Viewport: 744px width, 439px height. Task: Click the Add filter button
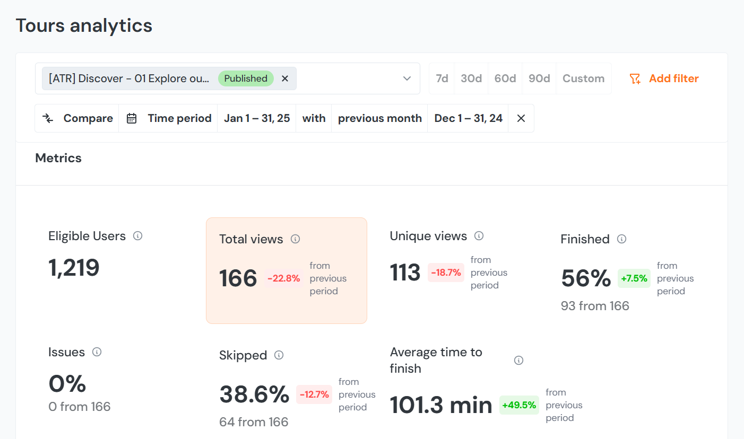click(x=664, y=78)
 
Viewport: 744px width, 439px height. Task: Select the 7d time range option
click(x=442, y=78)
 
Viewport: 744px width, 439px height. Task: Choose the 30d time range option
click(x=471, y=78)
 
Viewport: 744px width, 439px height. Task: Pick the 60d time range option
click(x=505, y=78)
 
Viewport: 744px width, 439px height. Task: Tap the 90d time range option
click(x=539, y=78)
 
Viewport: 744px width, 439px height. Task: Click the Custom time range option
click(x=583, y=78)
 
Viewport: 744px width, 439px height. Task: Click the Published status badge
click(x=246, y=78)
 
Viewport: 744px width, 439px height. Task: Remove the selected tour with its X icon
click(x=285, y=78)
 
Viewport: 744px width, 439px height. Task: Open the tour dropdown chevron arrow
click(x=407, y=78)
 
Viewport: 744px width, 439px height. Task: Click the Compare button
click(x=77, y=118)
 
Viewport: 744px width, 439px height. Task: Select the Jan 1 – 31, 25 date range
click(x=257, y=118)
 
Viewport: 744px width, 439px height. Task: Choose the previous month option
click(x=379, y=118)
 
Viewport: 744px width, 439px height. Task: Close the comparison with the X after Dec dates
click(x=521, y=118)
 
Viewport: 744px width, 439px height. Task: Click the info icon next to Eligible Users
click(x=137, y=236)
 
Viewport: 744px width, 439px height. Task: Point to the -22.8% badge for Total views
click(x=283, y=278)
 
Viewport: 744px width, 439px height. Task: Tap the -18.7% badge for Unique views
click(x=446, y=273)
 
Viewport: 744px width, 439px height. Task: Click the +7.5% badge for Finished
click(x=634, y=278)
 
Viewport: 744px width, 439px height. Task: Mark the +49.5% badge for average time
click(x=519, y=405)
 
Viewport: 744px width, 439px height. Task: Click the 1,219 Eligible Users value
click(x=74, y=268)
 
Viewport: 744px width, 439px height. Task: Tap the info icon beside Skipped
click(x=279, y=355)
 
